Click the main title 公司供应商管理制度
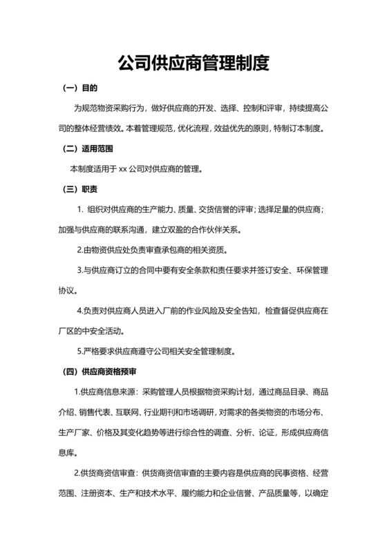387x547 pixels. pyautogui.click(x=193, y=64)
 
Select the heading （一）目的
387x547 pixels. pyautogui.click(x=80, y=88)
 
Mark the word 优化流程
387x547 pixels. pyautogui.click(x=195, y=128)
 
